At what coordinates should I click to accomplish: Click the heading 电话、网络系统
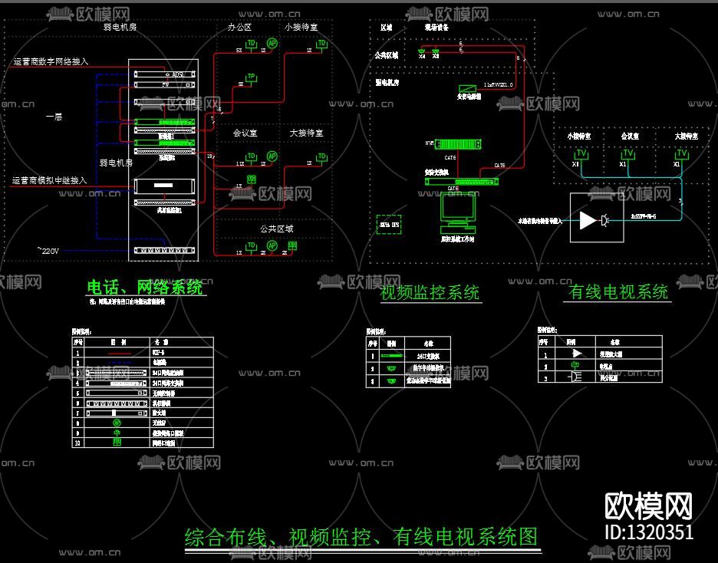pyautogui.click(x=146, y=288)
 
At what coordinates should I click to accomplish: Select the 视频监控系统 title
pyautogui.click(x=430, y=292)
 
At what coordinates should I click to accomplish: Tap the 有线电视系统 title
pyautogui.click(x=618, y=291)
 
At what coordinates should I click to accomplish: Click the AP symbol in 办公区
pyautogui.click(x=272, y=44)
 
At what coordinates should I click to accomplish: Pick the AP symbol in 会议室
pyautogui.click(x=271, y=156)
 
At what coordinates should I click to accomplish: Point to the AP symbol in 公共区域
pyautogui.click(x=272, y=245)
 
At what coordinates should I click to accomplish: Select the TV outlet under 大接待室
pyautogui.click(x=681, y=154)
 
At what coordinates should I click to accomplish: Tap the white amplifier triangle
pyautogui.click(x=588, y=221)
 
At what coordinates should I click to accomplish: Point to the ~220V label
pyautogui.click(x=48, y=250)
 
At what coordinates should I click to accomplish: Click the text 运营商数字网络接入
pyautogui.click(x=51, y=61)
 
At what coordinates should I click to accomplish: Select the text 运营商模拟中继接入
pyautogui.click(x=49, y=181)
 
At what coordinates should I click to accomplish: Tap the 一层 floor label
pyautogui.click(x=54, y=117)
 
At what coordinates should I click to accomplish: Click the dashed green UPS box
pyautogui.click(x=389, y=224)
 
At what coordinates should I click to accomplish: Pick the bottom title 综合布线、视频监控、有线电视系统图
pyautogui.click(x=361, y=536)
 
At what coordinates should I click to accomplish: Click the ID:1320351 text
pyautogui.click(x=648, y=532)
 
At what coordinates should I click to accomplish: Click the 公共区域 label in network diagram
pyautogui.click(x=276, y=229)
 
